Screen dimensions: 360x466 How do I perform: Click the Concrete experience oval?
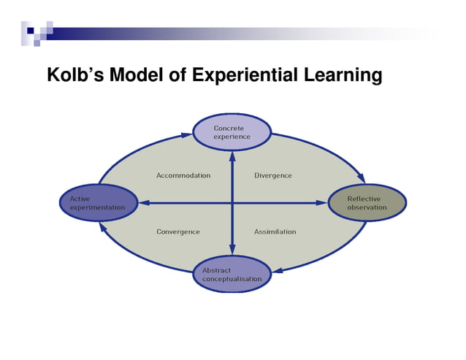pyautogui.click(x=232, y=132)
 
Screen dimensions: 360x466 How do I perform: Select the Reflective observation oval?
pyautogui.click(x=366, y=202)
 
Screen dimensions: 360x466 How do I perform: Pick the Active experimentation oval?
pyautogui.click(x=97, y=202)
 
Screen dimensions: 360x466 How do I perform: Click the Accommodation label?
pyautogui.click(x=183, y=175)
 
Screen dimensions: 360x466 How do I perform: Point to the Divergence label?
pyautogui.click(x=273, y=175)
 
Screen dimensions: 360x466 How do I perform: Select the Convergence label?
pyautogui.click(x=178, y=231)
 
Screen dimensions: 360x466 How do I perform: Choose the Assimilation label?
pyautogui.click(x=275, y=231)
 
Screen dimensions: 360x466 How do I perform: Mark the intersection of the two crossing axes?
pyautogui.click(x=232, y=202)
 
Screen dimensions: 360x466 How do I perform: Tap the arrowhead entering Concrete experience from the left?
pyautogui.click(x=186, y=134)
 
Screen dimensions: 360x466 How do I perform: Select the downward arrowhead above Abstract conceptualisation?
pyautogui.click(x=232, y=250)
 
